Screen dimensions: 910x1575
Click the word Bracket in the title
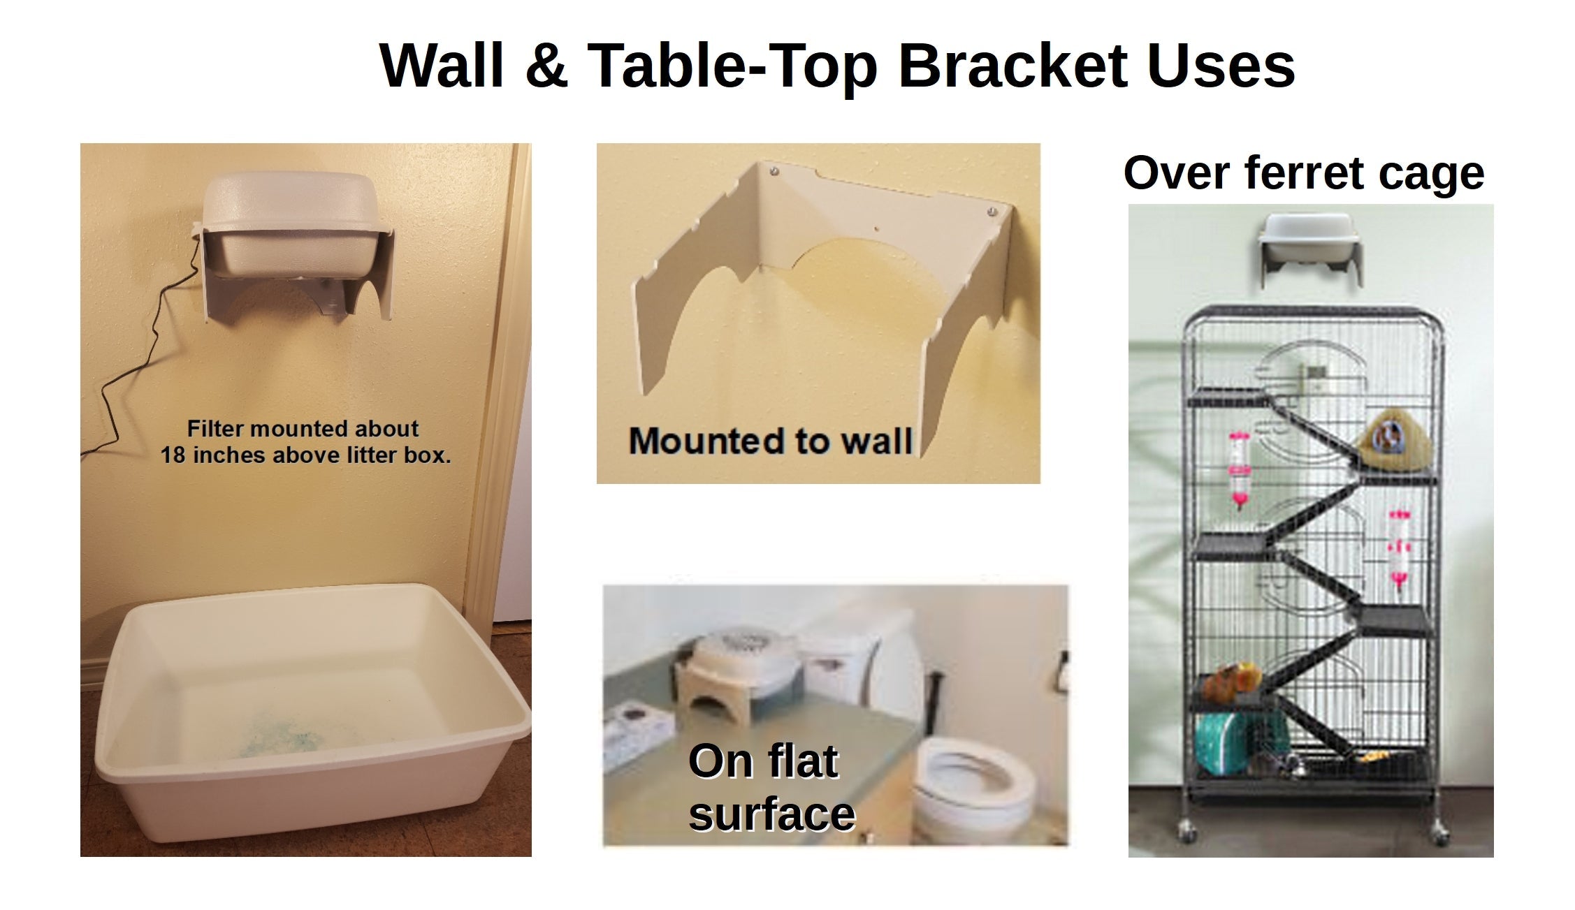pos(1012,66)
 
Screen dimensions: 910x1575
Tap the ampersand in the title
pos(546,66)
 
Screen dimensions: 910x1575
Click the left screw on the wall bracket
pos(774,170)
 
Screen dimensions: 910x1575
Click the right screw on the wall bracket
pos(992,211)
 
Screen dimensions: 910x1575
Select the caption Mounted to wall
pos(770,441)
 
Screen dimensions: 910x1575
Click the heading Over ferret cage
pos(1303,173)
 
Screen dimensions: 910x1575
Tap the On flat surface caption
pos(771,787)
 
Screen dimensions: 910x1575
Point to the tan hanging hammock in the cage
pos(1393,441)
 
